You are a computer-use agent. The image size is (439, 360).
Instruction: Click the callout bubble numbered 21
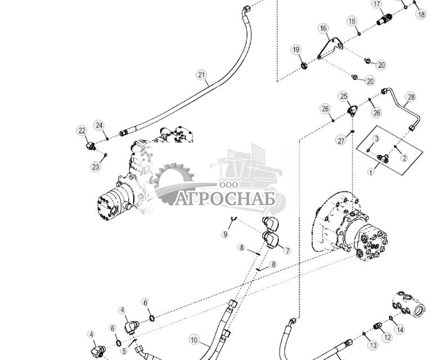(x=201, y=75)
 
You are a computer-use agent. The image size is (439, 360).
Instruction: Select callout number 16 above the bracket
(x=323, y=28)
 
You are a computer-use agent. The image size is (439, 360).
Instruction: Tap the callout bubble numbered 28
(x=411, y=97)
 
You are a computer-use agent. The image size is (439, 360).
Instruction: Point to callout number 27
(x=341, y=140)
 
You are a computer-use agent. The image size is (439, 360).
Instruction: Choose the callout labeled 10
(x=194, y=340)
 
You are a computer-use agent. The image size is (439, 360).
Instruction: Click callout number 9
(x=225, y=234)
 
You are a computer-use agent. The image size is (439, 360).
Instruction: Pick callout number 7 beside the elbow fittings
(x=287, y=250)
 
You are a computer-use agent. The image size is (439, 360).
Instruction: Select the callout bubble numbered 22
(x=82, y=131)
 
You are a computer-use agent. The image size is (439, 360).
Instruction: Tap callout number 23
(x=96, y=167)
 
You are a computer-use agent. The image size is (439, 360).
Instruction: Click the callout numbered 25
(x=343, y=96)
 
